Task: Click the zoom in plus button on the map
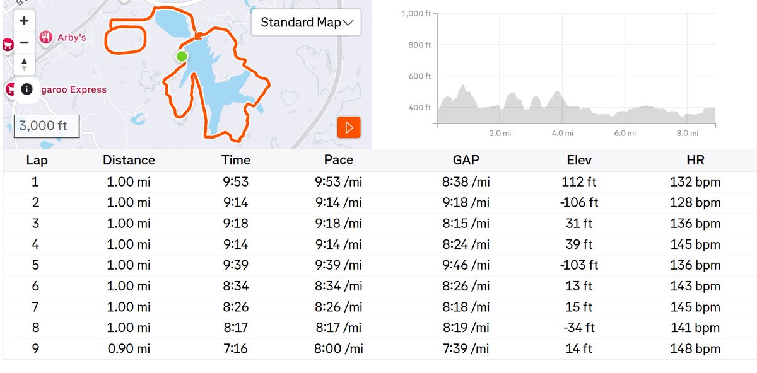coord(24,20)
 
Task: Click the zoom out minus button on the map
coord(24,43)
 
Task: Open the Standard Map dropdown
coord(307,23)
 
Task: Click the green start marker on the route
coord(182,57)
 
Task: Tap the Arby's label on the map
coord(71,38)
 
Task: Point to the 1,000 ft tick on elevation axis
coord(416,14)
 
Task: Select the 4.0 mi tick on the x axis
coord(562,134)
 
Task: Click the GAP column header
coord(466,160)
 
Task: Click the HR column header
coord(695,160)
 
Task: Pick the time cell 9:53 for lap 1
coord(237,182)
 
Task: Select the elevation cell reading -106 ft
coord(579,203)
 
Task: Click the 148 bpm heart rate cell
coord(695,348)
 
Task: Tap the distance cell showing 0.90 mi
coord(129,348)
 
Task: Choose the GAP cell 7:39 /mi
coord(466,348)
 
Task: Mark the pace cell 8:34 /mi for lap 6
coord(338,286)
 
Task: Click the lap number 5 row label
coord(36,265)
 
